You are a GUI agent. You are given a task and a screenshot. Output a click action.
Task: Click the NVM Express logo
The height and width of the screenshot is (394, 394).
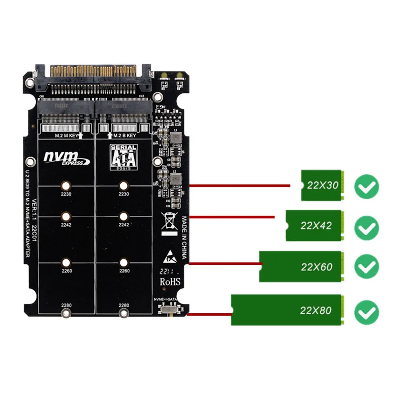tap(66, 158)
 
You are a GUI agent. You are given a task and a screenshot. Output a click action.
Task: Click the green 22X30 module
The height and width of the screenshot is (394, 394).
tap(321, 185)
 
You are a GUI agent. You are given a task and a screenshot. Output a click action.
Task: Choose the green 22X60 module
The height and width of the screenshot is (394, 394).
tap(300, 266)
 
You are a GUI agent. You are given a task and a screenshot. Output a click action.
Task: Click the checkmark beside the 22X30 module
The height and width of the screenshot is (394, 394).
tap(366, 186)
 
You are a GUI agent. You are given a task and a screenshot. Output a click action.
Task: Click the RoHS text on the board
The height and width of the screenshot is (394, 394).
tap(170, 282)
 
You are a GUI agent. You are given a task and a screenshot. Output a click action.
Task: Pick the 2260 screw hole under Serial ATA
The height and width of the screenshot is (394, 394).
tap(124, 263)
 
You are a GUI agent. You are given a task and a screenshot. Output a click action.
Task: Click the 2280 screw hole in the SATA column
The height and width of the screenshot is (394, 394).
tap(124, 313)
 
